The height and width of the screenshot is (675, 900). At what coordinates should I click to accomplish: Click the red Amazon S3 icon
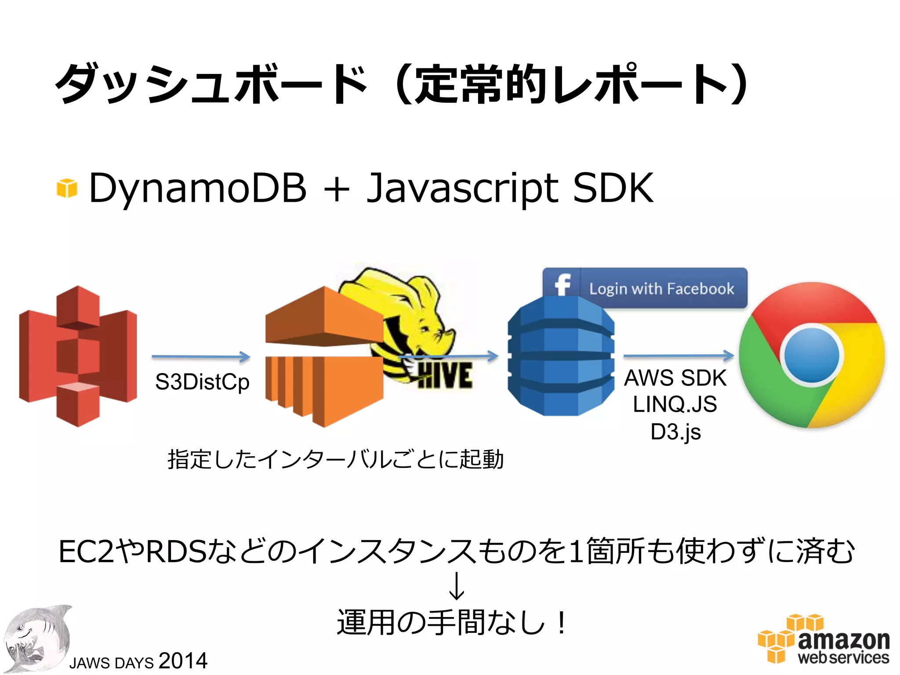click(78, 356)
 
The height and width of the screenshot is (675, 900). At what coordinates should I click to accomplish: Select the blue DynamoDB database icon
click(561, 356)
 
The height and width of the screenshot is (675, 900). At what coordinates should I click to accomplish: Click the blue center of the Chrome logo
click(812, 355)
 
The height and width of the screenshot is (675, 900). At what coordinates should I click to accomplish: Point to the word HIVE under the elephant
click(445, 376)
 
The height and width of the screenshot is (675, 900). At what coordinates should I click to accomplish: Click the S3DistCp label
click(202, 381)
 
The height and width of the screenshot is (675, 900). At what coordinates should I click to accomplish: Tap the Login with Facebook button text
click(661, 289)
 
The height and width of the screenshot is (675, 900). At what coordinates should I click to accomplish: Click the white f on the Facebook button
click(562, 285)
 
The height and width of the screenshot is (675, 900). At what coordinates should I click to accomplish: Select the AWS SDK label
click(675, 378)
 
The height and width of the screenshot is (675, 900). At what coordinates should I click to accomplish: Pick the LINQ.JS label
click(675, 404)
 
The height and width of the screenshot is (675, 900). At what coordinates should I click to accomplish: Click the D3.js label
click(675, 432)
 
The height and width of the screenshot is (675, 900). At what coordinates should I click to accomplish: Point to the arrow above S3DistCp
click(201, 356)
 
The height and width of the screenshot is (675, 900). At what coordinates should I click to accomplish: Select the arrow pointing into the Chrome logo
click(679, 356)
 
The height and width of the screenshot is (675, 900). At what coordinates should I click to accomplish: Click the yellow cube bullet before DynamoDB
click(67, 188)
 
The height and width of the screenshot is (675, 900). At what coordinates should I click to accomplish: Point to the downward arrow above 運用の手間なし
click(457, 586)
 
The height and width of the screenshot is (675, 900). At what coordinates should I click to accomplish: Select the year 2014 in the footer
click(183, 660)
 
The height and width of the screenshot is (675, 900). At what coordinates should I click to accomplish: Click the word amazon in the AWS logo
click(843, 640)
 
